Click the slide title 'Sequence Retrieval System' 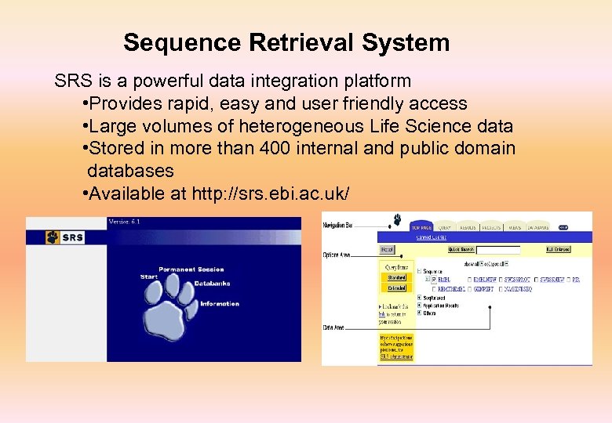tap(286, 42)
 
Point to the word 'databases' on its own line tap(130, 171)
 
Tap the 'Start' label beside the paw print tap(149, 277)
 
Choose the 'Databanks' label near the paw tap(212, 283)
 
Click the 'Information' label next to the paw tap(220, 304)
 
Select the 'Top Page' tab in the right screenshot tap(421, 227)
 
